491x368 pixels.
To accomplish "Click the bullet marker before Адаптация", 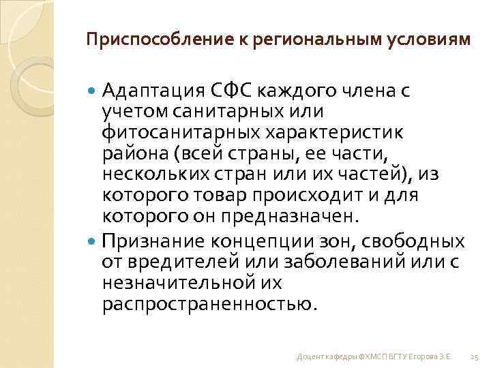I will coord(93,90).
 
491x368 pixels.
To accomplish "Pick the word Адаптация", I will coord(151,90).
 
